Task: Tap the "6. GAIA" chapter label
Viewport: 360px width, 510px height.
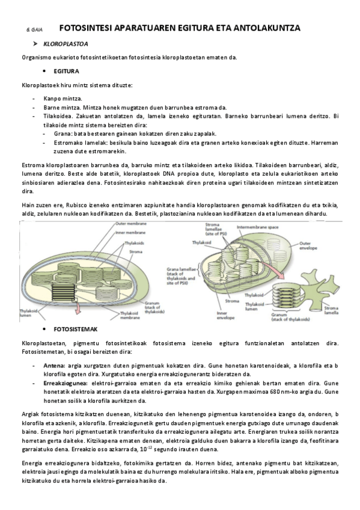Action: click(34, 29)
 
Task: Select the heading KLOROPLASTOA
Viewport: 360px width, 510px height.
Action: click(70, 44)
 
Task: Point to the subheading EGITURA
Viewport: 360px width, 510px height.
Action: click(66, 71)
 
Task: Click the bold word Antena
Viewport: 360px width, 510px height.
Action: click(55, 365)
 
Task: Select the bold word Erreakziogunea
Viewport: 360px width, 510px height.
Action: click(65, 382)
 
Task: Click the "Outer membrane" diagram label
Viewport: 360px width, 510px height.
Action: click(129, 224)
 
